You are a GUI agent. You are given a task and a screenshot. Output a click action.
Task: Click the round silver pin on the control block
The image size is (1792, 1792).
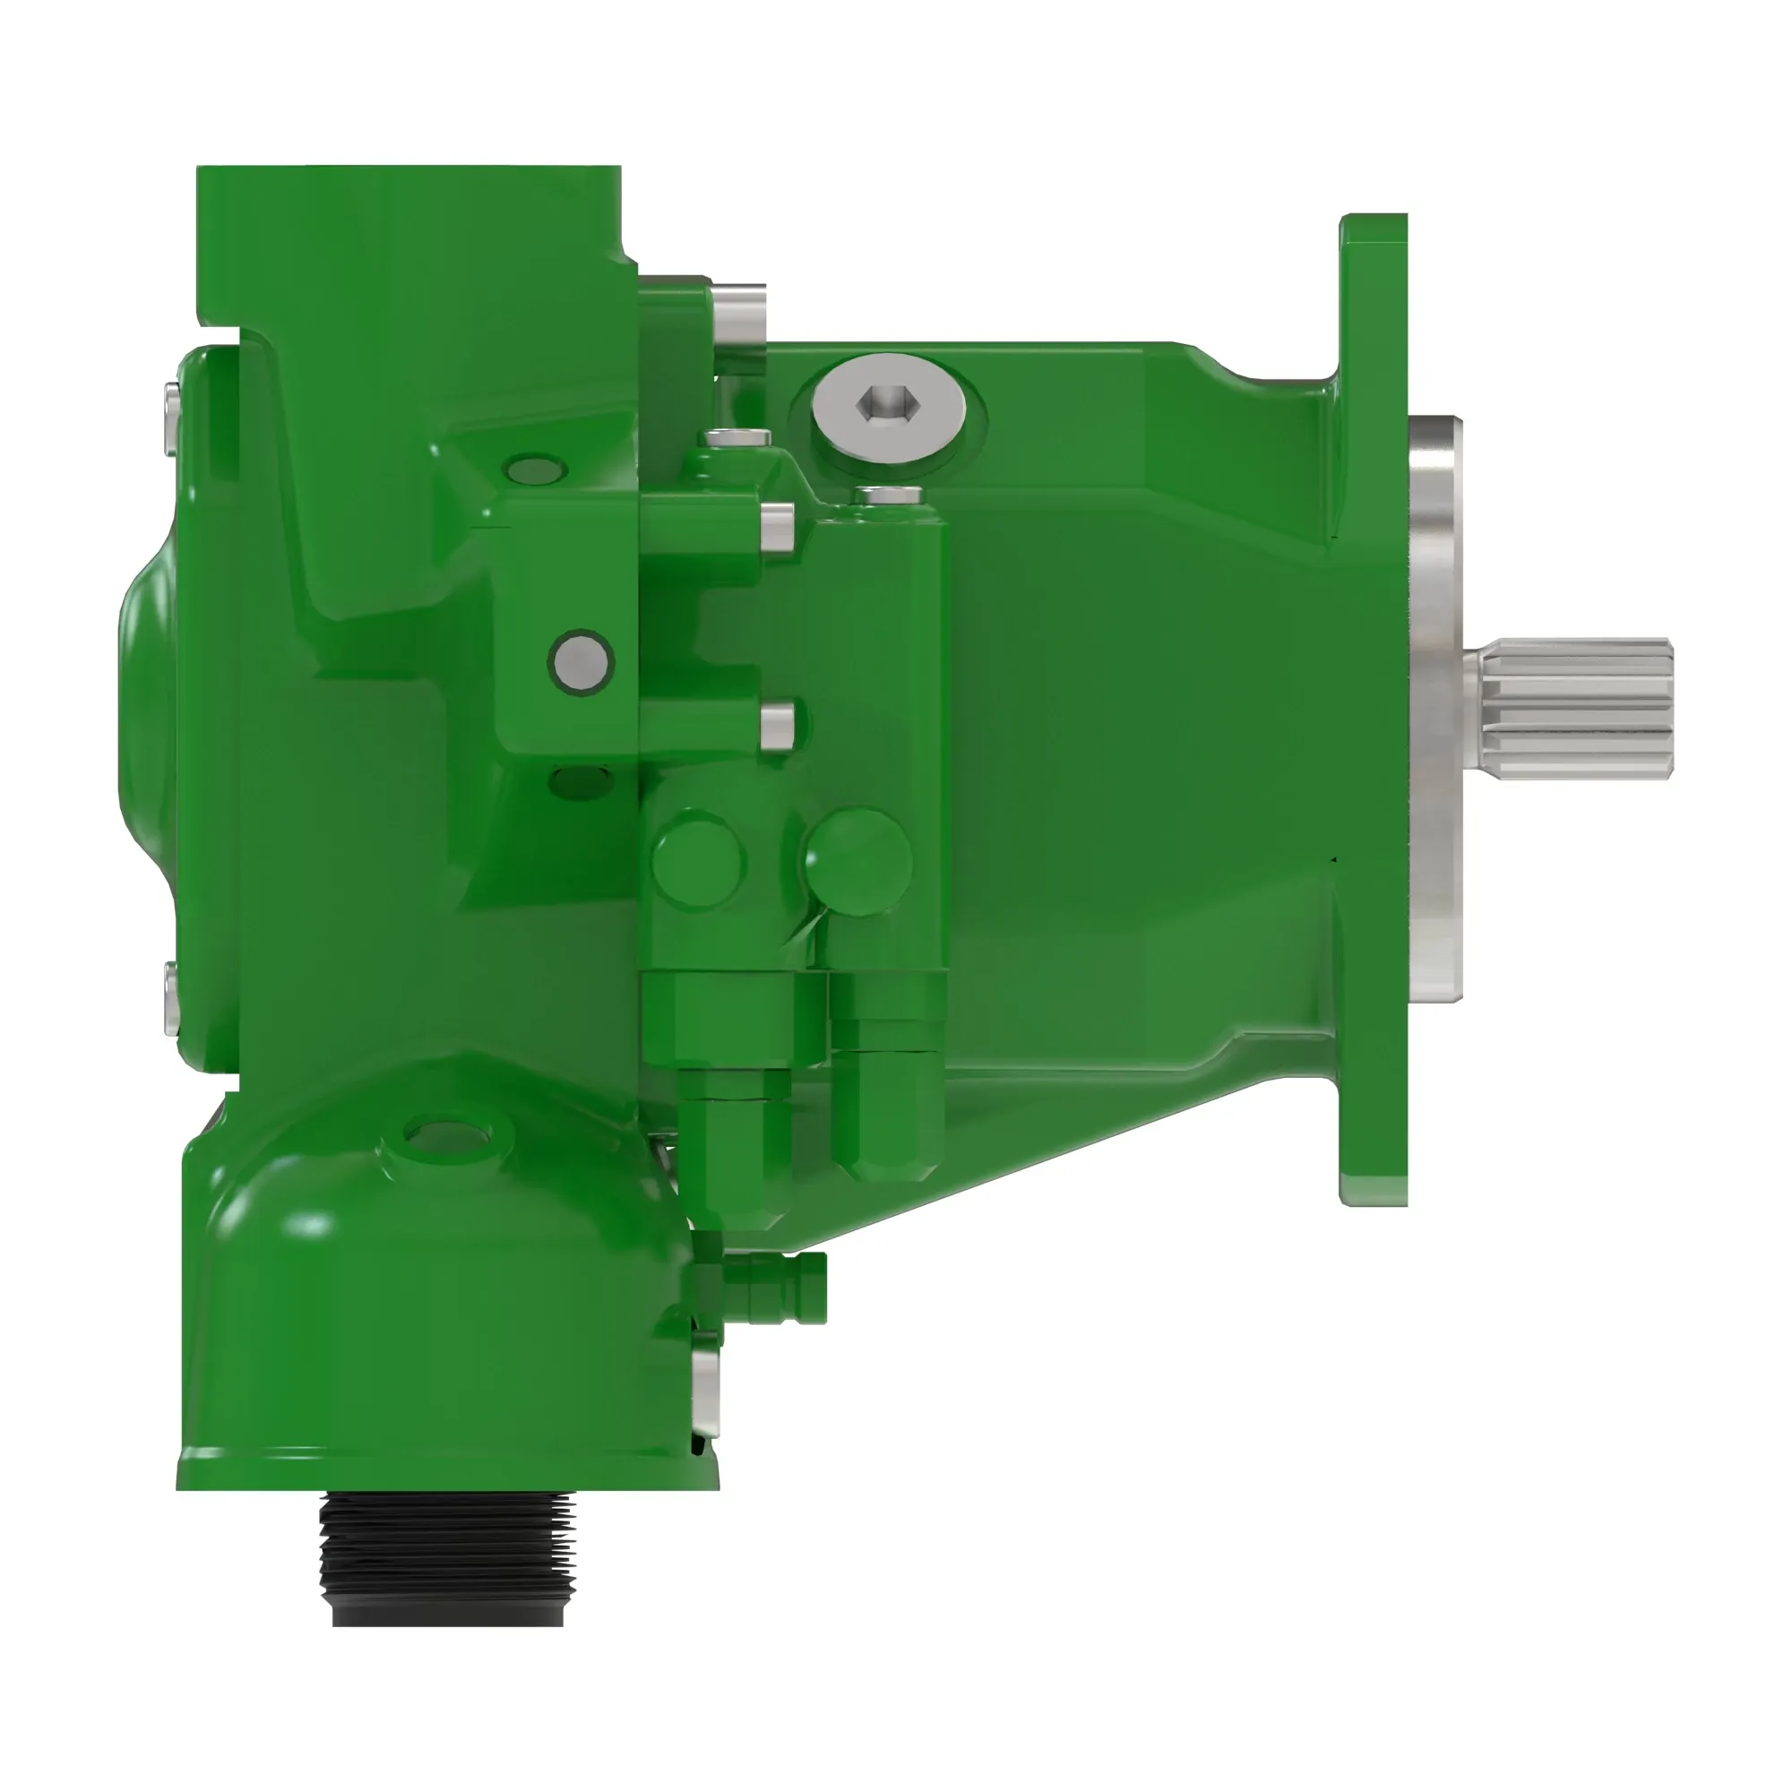pos(581,661)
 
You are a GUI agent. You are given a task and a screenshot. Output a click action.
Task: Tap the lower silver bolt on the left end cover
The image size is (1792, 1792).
pos(169,997)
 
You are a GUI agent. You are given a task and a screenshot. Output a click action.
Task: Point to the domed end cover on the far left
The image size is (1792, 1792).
pos(149,705)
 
